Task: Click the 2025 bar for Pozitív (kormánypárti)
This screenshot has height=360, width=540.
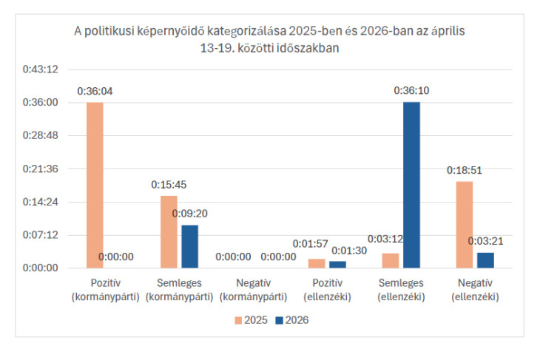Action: [x=95, y=185]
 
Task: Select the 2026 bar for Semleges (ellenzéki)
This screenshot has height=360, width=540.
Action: [x=411, y=185]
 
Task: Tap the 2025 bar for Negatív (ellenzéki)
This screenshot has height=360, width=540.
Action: [x=464, y=225]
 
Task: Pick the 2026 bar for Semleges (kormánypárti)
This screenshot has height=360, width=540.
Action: [x=190, y=246]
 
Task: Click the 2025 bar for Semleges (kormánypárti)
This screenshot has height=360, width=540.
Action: [x=169, y=231]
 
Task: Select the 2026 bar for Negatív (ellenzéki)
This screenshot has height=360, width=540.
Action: [x=485, y=260]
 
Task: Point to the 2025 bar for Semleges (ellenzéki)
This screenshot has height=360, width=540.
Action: [x=390, y=260]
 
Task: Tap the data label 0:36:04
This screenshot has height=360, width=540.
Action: [x=95, y=92]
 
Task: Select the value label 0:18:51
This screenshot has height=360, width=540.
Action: [x=464, y=170]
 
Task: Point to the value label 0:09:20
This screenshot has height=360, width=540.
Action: [x=190, y=214]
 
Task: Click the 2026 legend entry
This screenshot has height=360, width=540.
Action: [x=291, y=320]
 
